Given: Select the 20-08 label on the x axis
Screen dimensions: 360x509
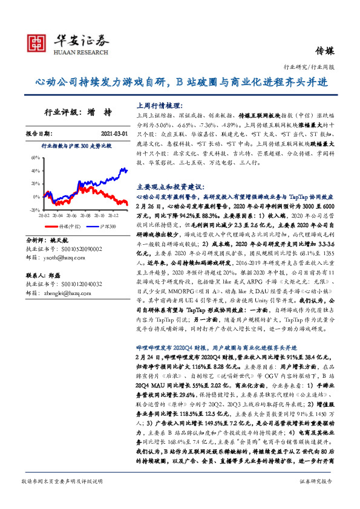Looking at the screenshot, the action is click(x=83, y=215).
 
